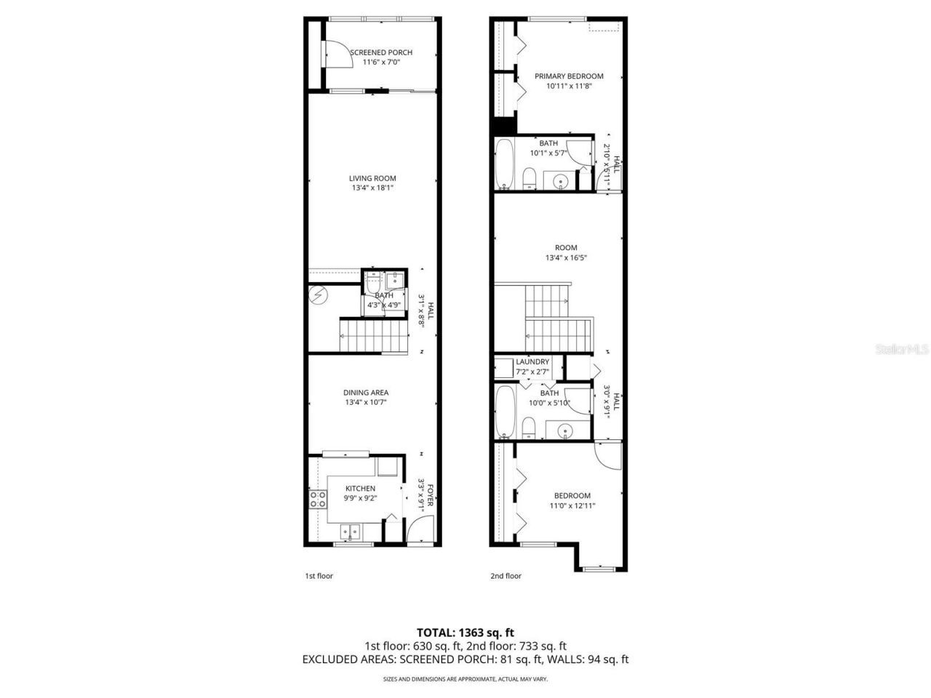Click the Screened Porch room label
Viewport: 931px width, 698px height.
tap(380, 52)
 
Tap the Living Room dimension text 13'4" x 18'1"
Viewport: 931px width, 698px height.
tap(372, 188)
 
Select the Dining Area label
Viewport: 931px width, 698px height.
tap(366, 393)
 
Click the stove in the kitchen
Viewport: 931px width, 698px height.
tap(318, 499)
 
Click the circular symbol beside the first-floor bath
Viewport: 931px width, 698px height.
tap(317, 295)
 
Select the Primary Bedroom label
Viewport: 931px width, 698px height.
tap(569, 76)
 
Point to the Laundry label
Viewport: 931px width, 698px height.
tap(532, 362)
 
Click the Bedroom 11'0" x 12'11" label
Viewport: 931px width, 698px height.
tap(572, 496)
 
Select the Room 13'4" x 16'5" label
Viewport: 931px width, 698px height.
tap(566, 248)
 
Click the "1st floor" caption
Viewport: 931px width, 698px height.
tap(319, 576)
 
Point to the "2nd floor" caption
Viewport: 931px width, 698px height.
tap(506, 576)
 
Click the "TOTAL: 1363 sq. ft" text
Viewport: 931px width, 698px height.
tap(465, 633)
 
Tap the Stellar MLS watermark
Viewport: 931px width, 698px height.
tap(901, 349)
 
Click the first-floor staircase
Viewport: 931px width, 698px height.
tap(372, 336)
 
